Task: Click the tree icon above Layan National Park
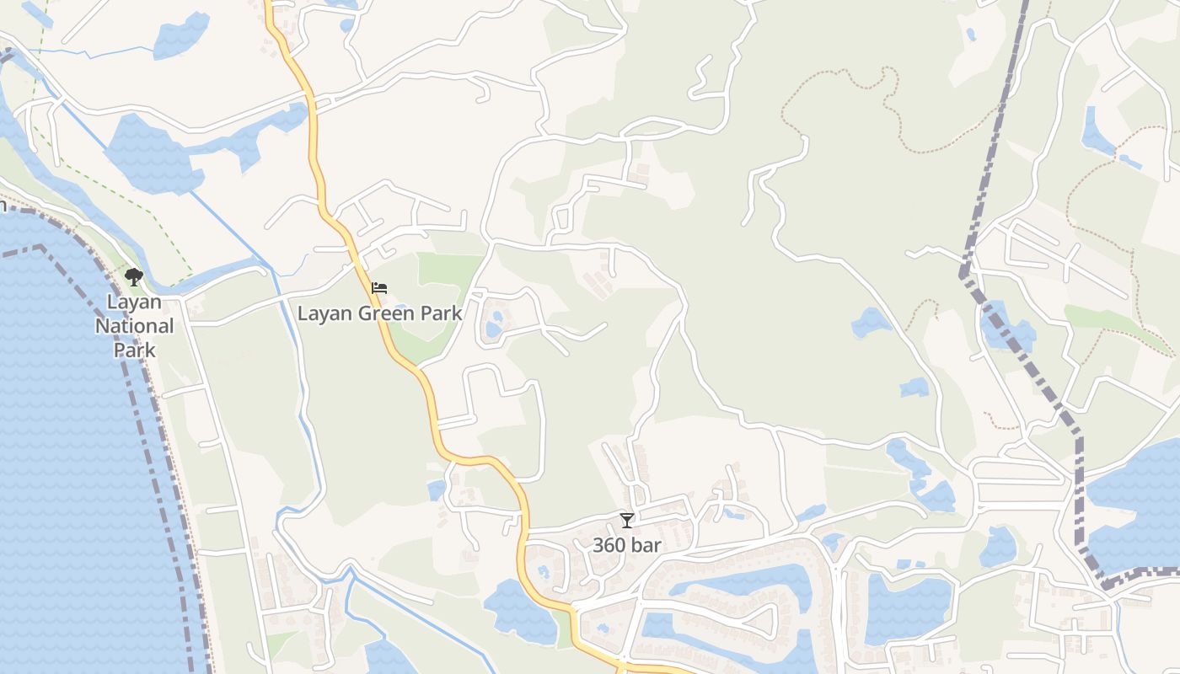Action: tap(133, 276)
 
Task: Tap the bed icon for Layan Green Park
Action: tap(379, 288)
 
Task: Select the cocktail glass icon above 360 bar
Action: tap(626, 521)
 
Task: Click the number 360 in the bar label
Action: tap(609, 545)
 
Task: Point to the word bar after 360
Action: tap(646, 545)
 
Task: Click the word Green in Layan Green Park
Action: tap(387, 313)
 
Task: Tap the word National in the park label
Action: tap(135, 326)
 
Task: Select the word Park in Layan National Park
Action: tap(135, 349)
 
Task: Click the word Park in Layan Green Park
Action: tap(442, 313)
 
